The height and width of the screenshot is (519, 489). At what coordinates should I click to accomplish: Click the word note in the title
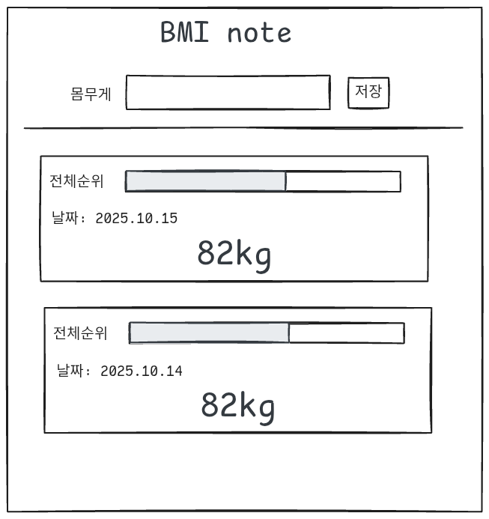point(259,33)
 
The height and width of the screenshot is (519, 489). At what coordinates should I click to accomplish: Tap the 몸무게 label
point(91,94)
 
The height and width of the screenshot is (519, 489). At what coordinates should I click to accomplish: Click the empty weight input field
point(228,93)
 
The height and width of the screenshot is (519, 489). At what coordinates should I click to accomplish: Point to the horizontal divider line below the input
point(243,128)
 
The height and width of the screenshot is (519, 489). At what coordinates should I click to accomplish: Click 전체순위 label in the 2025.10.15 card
point(76,181)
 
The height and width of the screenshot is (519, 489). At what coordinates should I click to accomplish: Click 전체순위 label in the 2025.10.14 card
point(80,333)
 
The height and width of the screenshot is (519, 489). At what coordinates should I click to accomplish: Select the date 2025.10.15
point(136,219)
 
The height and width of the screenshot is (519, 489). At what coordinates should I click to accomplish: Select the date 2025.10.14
point(141,371)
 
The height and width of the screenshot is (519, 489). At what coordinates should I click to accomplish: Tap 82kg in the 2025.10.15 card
point(234,255)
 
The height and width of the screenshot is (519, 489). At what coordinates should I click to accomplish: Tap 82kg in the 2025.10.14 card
point(237,406)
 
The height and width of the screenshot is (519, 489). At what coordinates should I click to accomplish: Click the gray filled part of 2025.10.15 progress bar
point(205,181)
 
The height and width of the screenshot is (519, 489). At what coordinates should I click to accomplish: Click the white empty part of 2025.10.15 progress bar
point(342,181)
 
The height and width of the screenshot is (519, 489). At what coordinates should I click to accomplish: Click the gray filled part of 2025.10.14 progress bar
point(209,333)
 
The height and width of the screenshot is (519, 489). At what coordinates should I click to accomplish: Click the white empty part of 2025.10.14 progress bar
point(346,333)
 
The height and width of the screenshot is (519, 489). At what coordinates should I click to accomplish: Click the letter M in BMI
point(187,33)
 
